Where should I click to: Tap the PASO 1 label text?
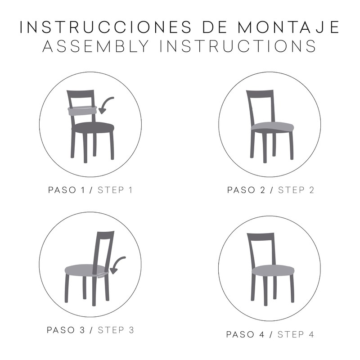click(x=67, y=189)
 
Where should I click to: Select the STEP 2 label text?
click(x=296, y=189)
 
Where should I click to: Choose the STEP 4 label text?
click(x=295, y=334)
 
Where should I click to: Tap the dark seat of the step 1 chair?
click(x=93, y=128)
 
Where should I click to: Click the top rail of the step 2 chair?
click(x=261, y=93)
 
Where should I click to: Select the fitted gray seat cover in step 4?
click(x=272, y=270)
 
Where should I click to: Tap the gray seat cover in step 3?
click(x=83, y=270)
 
